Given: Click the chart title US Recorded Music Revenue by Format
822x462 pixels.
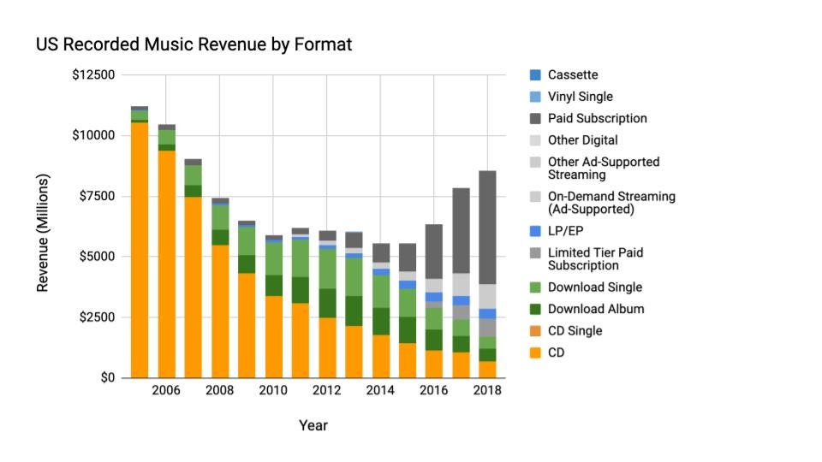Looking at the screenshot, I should click(194, 44).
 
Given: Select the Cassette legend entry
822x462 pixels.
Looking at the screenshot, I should click(573, 75).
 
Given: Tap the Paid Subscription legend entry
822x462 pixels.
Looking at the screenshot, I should click(597, 118).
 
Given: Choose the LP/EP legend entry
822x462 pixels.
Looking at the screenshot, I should click(565, 231).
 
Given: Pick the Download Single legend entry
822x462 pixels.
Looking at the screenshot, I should click(594, 287).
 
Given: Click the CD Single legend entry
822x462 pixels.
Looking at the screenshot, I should click(575, 330).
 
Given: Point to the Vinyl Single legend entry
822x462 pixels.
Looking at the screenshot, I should click(580, 97).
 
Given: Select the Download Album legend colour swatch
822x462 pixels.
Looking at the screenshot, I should click(535, 309).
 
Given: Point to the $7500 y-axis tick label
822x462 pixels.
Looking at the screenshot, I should click(95, 196).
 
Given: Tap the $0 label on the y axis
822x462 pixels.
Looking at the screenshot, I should click(106, 377).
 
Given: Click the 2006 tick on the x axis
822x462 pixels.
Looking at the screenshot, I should click(166, 391).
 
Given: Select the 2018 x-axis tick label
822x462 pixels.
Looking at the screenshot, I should click(487, 391).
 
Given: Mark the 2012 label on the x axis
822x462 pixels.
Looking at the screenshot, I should click(327, 391).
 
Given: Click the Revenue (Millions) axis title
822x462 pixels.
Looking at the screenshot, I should click(43, 232).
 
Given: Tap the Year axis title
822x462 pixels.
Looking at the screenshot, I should click(313, 425).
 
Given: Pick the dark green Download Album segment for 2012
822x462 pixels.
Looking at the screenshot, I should click(327, 303).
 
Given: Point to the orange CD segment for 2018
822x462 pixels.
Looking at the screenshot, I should click(487, 369).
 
